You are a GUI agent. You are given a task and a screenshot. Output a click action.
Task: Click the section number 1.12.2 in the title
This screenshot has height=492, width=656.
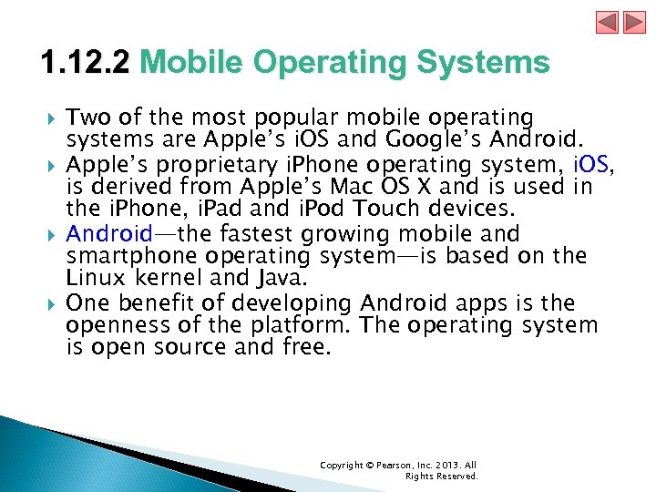(87, 63)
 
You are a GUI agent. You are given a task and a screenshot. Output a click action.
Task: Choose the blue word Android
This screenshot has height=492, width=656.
(109, 234)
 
